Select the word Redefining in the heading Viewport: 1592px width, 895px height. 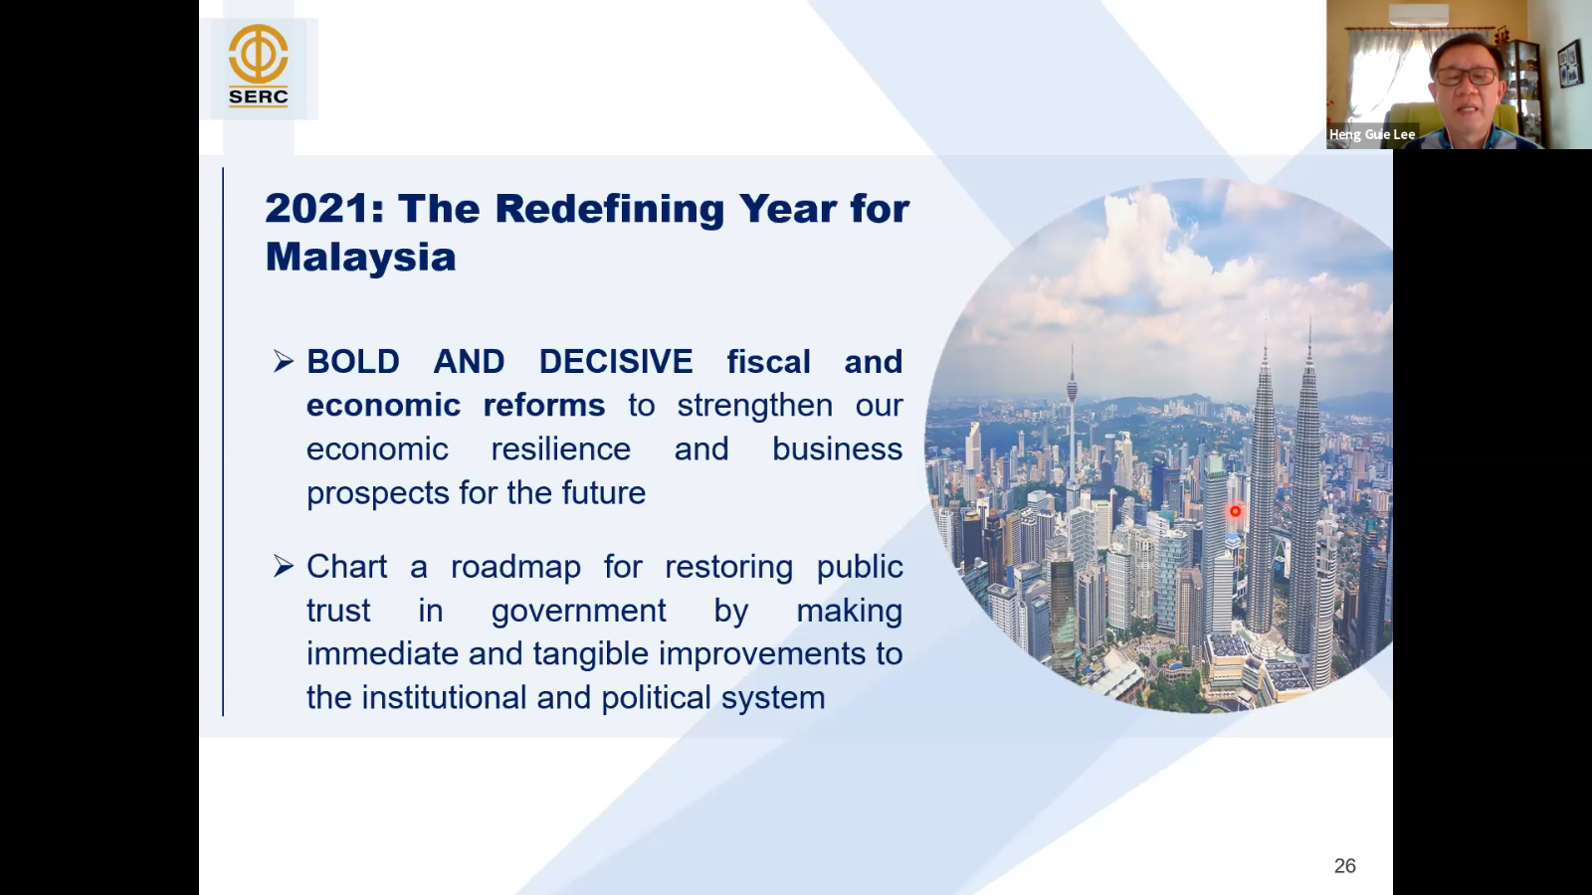(610, 210)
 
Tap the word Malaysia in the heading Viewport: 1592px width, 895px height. (360, 258)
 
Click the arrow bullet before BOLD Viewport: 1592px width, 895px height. (284, 362)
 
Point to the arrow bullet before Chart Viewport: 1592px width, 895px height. (284, 566)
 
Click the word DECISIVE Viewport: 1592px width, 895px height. (616, 362)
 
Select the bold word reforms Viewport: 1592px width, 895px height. (544, 405)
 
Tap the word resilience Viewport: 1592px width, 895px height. (561, 448)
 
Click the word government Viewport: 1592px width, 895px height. (578, 612)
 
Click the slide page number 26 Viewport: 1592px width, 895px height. (1344, 866)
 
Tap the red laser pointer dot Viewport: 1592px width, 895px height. (1235, 511)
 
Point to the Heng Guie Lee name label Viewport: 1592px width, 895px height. (1372, 134)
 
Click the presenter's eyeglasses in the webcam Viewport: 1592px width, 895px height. (1466, 76)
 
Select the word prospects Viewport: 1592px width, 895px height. (377, 493)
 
